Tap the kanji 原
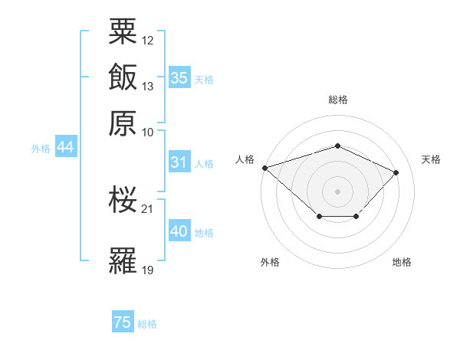click(x=123, y=122)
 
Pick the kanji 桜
click(x=123, y=200)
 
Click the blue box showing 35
click(x=179, y=77)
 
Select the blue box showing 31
click(x=179, y=162)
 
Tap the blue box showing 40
click(x=179, y=231)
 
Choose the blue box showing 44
click(x=65, y=148)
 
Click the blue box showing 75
click(x=122, y=322)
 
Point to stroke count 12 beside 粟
click(x=148, y=40)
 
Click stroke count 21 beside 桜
click(x=148, y=208)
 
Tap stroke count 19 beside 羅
click(x=148, y=270)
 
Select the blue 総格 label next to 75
click(x=147, y=324)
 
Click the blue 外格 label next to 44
click(x=41, y=149)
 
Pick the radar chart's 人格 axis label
click(x=245, y=159)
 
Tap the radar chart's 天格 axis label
click(x=431, y=159)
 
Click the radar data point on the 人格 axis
click(x=264, y=168)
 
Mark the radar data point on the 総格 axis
click(x=337, y=146)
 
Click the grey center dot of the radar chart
click(x=337, y=191)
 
